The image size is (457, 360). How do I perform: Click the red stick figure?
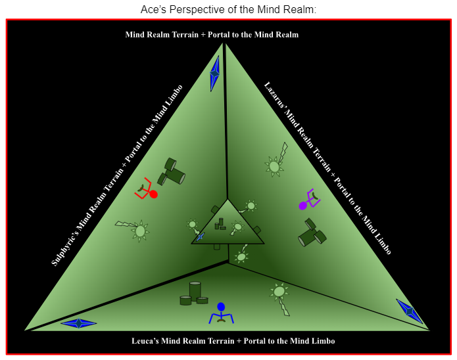click(x=147, y=189)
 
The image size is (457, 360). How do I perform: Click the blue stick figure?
click(x=221, y=314)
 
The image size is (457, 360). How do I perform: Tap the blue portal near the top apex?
click(x=214, y=74)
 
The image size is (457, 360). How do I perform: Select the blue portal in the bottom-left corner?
click(x=79, y=323)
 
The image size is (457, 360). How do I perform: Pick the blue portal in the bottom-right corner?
click(x=409, y=311)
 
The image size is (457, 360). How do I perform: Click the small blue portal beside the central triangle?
click(x=201, y=236)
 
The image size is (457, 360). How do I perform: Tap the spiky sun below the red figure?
click(x=139, y=231)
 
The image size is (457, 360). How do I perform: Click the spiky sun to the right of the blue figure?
click(x=279, y=291)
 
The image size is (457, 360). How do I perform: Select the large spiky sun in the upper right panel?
click(x=274, y=166)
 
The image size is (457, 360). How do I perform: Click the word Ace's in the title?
click(x=154, y=10)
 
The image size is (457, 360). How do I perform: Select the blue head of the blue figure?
click(x=221, y=306)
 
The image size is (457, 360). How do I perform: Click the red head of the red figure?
click(x=154, y=194)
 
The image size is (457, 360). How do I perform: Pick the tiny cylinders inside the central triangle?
click(x=220, y=224)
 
